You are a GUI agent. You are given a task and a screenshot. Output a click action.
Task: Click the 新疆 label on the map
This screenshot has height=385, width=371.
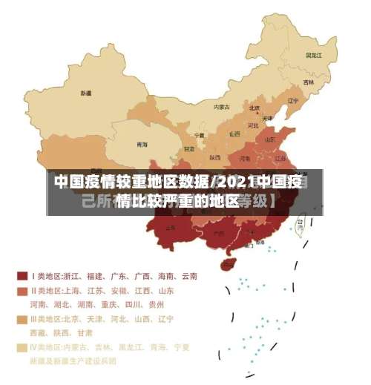click(x=87, y=93)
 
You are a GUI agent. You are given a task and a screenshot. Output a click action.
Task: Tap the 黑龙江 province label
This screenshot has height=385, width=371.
click(x=313, y=54)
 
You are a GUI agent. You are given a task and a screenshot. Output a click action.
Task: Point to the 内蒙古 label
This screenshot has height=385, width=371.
click(x=222, y=107)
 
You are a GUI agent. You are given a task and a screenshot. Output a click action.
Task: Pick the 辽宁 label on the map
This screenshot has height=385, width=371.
click(x=292, y=100)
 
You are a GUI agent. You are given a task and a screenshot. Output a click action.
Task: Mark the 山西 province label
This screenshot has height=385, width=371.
click(x=234, y=134)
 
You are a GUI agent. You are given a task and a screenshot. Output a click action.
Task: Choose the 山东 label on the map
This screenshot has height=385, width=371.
click(x=270, y=139)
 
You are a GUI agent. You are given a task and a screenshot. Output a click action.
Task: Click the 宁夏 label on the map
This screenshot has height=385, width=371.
click(x=199, y=135)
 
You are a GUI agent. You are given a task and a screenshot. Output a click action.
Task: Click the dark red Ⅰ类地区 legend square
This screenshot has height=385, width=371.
click(x=22, y=276)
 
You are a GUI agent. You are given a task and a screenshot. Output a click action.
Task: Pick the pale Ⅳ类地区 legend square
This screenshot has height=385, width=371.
click(x=22, y=346)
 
